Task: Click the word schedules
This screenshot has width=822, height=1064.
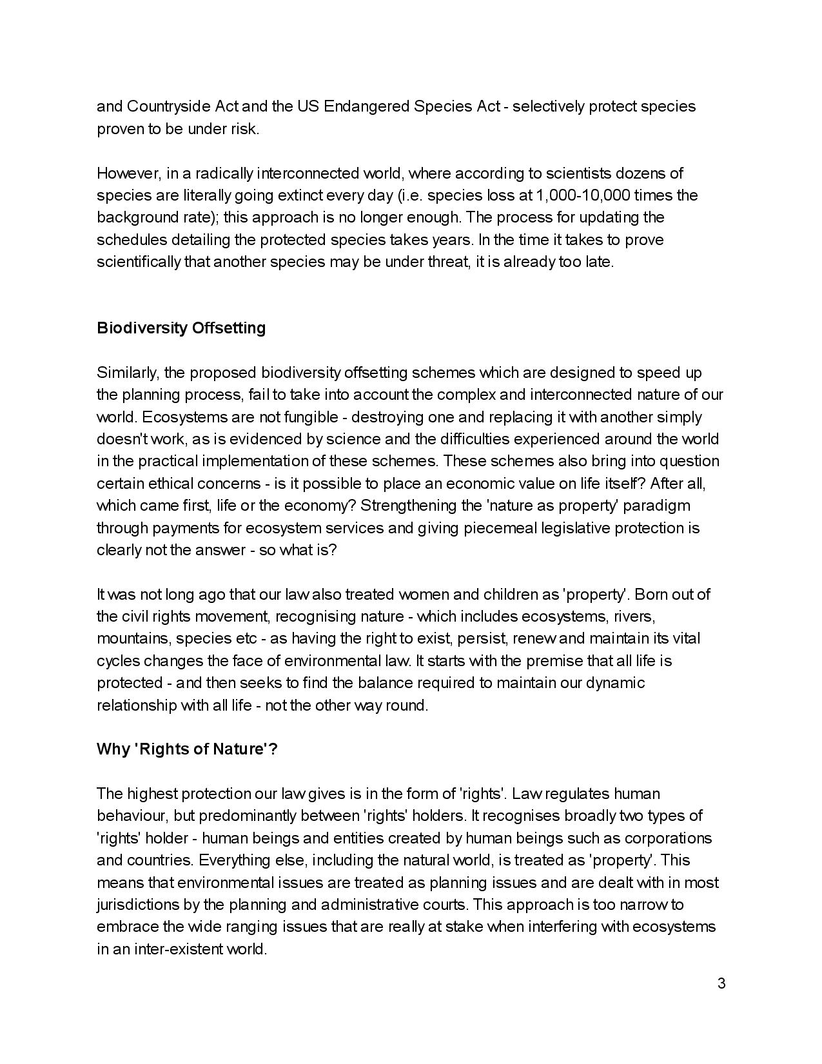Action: pos(133,240)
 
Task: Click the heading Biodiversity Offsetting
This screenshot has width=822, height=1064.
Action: pos(181,328)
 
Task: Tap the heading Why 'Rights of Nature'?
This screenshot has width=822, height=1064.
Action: pos(187,749)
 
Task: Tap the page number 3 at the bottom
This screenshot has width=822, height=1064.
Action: pos(721,983)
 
